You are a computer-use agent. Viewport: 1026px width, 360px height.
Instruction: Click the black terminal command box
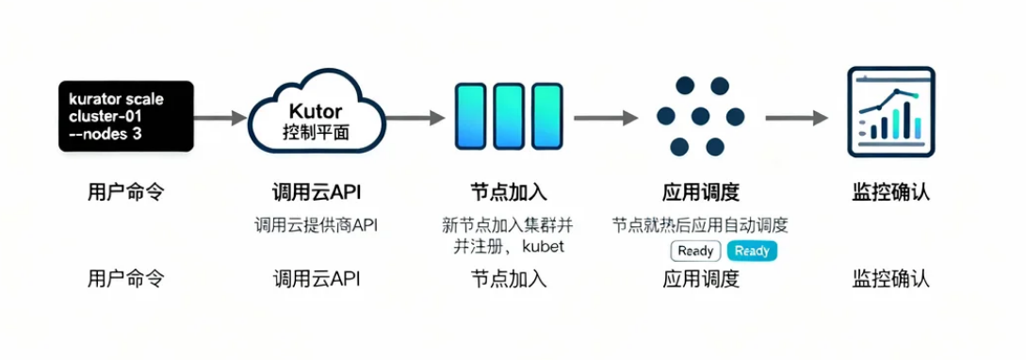pos(124,116)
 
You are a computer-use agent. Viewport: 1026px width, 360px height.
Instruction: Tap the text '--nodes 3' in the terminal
pos(105,134)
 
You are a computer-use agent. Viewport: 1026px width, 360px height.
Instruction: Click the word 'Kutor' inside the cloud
pos(316,110)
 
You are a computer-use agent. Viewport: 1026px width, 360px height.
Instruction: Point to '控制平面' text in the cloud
pos(316,132)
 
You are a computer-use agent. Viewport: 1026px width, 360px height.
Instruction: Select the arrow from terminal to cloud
pos(220,119)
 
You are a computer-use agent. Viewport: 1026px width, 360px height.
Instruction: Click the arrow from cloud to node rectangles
pos(414,119)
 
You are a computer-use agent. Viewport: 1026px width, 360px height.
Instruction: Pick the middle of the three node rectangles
pos(509,115)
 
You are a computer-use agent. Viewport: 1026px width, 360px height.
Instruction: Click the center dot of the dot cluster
pos(700,116)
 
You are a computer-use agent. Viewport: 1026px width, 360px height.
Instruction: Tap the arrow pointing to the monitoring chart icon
pos(796,119)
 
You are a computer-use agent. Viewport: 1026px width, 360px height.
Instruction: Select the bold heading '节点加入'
pos(509,193)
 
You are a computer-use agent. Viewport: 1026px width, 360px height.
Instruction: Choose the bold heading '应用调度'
pos(701,193)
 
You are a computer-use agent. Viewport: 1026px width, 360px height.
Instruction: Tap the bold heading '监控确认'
pos(891,193)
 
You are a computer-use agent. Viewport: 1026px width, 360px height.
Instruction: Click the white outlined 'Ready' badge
pos(695,251)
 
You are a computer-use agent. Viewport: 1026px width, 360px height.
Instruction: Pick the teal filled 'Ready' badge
pos(752,251)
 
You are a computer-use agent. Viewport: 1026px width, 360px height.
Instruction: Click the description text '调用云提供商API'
pos(316,225)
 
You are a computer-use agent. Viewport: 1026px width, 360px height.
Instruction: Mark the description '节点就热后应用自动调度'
pos(700,225)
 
